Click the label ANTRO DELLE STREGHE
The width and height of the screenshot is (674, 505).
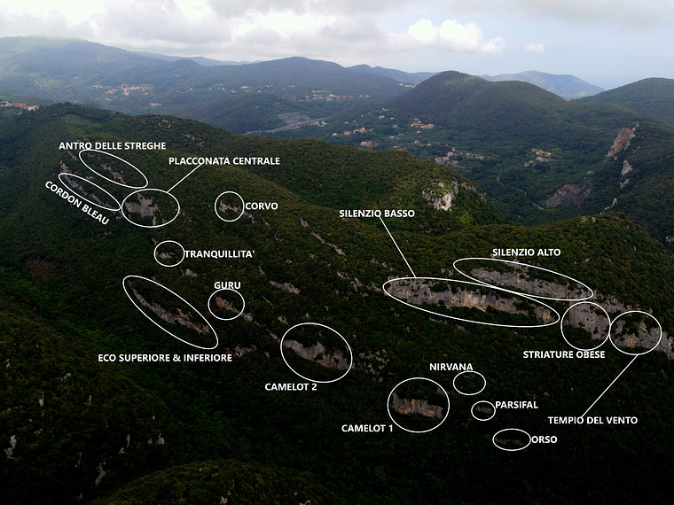(x=112, y=145)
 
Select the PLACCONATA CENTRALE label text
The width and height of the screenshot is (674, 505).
(x=223, y=161)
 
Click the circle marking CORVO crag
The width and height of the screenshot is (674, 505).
(x=229, y=206)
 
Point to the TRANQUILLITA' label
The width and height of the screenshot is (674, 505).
(x=219, y=254)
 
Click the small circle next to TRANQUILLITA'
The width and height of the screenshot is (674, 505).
(x=168, y=253)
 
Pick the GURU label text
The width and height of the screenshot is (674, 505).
(x=227, y=285)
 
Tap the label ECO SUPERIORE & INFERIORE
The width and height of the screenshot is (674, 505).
(x=165, y=358)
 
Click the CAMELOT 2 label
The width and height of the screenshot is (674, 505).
(x=290, y=386)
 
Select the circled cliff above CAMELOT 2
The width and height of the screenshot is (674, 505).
(x=316, y=353)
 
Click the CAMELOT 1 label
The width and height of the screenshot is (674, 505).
(x=367, y=429)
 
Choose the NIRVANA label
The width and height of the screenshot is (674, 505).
(x=451, y=367)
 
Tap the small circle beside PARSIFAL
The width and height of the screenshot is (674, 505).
(x=482, y=410)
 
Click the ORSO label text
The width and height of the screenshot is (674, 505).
(x=545, y=439)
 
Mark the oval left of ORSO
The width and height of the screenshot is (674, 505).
(x=511, y=439)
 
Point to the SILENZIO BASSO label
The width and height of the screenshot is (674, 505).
(x=376, y=214)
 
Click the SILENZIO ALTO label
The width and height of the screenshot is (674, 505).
(x=526, y=252)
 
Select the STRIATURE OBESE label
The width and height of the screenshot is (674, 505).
(x=564, y=354)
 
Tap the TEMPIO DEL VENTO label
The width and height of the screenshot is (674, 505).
(x=592, y=420)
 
